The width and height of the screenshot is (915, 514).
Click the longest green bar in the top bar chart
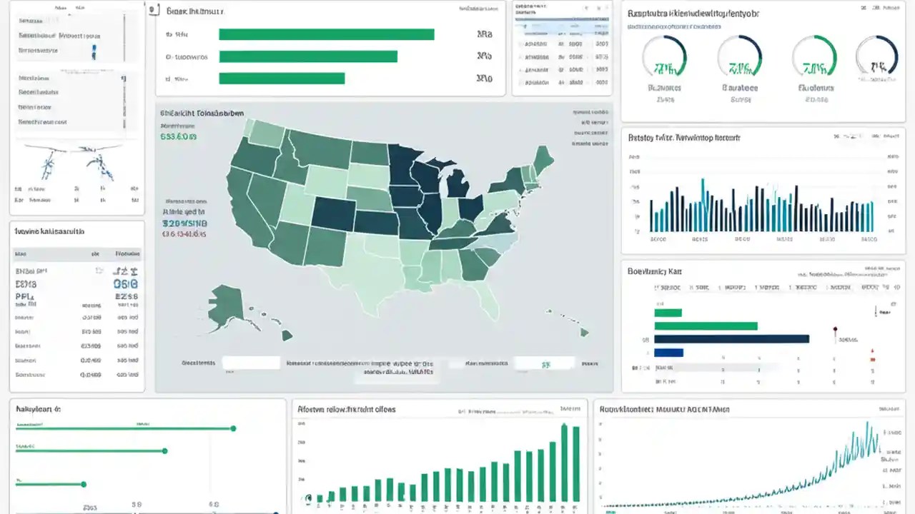click(x=326, y=34)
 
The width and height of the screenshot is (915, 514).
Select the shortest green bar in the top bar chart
click(x=282, y=79)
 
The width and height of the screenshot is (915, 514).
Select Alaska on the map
click(x=228, y=301)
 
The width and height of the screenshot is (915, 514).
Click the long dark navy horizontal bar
click(x=731, y=339)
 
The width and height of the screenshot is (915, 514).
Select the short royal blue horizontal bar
click(x=668, y=353)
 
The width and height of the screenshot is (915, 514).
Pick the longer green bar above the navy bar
click(x=705, y=326)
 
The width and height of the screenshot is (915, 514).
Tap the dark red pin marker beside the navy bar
click(x=834, y=330)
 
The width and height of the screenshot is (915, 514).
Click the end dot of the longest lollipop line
click(x=233, y=428)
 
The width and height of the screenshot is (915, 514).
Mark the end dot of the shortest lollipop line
click(x=84, y=484)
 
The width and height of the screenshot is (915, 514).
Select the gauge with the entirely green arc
click(x=814, y=57)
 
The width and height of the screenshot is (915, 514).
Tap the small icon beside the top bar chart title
click(x=153, y=11)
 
